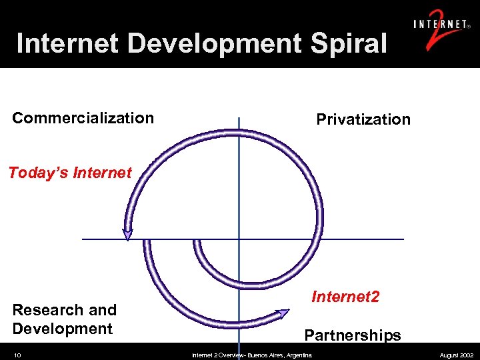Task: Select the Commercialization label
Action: [x=83, y=118]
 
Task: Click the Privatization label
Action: [x=363, y=119]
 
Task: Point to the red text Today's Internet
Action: [x=70, y=173]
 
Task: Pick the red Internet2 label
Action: [x=345, y=296]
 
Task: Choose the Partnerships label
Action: [x=353, y=335]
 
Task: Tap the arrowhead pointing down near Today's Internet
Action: [x=127, y=234]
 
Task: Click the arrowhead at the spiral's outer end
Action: [x=283, y=312]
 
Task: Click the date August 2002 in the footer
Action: [x=457, y=355]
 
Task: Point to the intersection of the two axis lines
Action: [x=239, y=239]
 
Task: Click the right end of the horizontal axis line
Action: [x=402, y=239]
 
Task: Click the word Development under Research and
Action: [x=63, y=329]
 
